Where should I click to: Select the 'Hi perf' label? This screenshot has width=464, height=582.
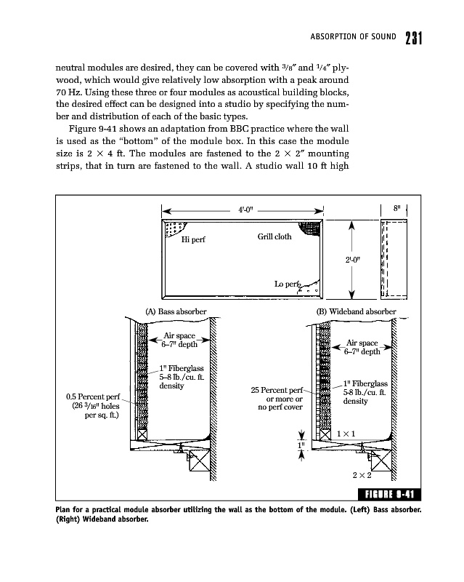click(x=193, y=241)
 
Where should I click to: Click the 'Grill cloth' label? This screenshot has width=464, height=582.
click(x=274, y=237)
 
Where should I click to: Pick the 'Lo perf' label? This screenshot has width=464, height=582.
click(x=288, y=284)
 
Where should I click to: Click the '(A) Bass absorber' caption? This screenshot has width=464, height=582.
click(x=176, y=311)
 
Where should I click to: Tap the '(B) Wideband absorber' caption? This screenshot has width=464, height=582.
click(x=356, y=311)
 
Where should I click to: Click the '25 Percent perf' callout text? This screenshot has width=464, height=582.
click(x=276, y=390)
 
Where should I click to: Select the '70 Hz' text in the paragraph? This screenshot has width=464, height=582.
click(x=66, y=95)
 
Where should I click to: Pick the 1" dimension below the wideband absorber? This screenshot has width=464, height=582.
click(x=301, y=442)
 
